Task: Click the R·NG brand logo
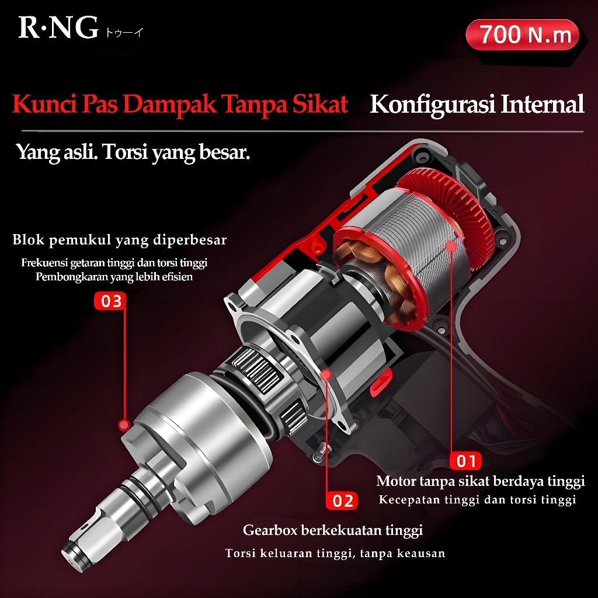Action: tap(58, 27)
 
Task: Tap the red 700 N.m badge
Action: tap(522, 35)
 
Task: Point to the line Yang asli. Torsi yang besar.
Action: tap(133, 153)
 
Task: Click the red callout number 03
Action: tap(111, 301)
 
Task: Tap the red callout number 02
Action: tap(343, 500)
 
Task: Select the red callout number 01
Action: tap(466, 461)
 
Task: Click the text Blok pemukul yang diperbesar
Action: tap(120, 240)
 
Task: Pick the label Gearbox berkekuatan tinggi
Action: tap(333, 531)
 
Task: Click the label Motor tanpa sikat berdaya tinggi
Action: tap(481, 481)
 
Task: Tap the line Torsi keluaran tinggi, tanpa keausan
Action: tap(335, 553)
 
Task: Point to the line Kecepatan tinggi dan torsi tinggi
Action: tap(478, 500)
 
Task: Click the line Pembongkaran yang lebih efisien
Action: tap(114, 277)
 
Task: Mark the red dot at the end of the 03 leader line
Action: tap(123, 425)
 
